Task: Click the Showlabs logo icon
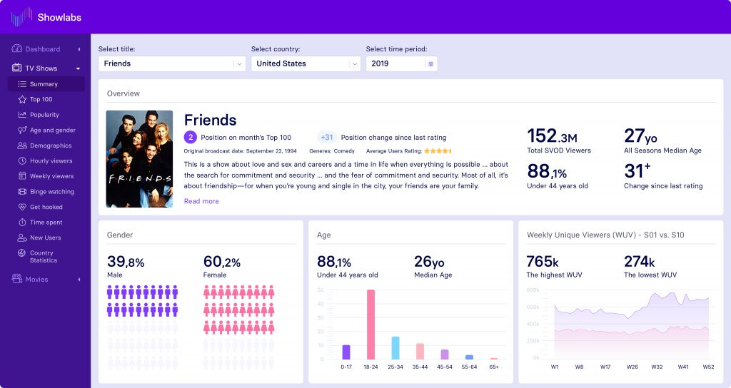pyautogui.click(x=21, y=17)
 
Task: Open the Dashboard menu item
pyautogui.click(x=43, y=49)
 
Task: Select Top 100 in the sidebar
pyautogui.click(x=41, y=100)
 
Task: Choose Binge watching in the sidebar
pyautogui.click(x=51, y=192)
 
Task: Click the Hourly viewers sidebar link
pyautogui.click(x=51, y=161)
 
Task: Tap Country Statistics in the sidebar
pyautogui.click(x=44, y=257)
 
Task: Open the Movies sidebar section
pyautogui.click(x=36, y=280)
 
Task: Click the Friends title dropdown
pyautogui.click(x=172, y=63)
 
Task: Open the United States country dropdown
pyautogui.click(x=305, y=63)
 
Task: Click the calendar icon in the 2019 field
pyautogui.click(x=430, y=63)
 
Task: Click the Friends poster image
pyautogui.click(x=139, y=158)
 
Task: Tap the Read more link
pyautogui.click(x=201, y=201)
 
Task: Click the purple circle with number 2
pyautogui.click(x=191, y=138)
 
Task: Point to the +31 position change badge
pyautogui.click(x=327, y=138)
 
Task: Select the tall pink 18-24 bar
pyautogui.click(x=370, y=324)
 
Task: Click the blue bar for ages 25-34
pyautogui.click(x=395, y=347)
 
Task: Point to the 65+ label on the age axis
pyautogui.click(x=493, y=367)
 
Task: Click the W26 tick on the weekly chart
pyautogui.click(x=631, y=367)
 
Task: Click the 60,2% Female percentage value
pyautogui.click(x=223, y=262)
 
